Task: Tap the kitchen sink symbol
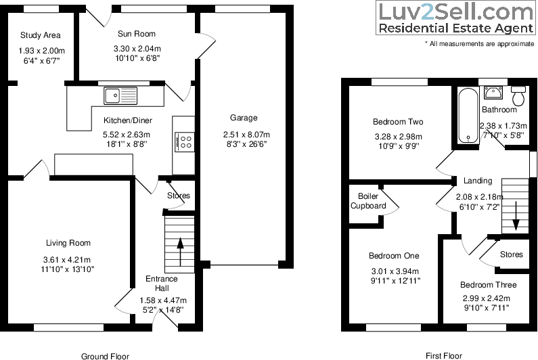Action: point(120,95)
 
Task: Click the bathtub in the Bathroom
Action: point(465,115)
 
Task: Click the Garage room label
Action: point(243,118)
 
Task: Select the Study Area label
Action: point(40,35)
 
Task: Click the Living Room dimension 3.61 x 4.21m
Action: point(68,259)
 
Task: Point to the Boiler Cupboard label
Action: point(368,201)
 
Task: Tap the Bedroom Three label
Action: point(488,285)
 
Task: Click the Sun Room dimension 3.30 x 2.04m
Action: point(136,48)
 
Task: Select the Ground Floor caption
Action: point(105,356)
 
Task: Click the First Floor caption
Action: point(443,355)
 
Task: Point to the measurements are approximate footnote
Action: point(479,43)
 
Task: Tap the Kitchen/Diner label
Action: point(127,120)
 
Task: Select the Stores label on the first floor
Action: point(511,254)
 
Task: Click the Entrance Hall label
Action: point(162,284)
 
